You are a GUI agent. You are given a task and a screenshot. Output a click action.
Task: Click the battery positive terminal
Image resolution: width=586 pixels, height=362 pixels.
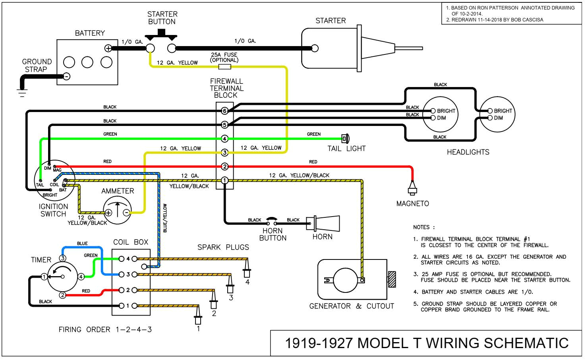tap(108, 48)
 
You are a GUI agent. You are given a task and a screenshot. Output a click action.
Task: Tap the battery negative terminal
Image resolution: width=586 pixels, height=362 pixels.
tap(67, 76)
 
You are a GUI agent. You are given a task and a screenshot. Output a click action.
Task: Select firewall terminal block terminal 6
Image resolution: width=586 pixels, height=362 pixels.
tap(224, 111)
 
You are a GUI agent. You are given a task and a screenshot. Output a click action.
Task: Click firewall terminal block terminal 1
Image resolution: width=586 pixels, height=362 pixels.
tap(224, 180)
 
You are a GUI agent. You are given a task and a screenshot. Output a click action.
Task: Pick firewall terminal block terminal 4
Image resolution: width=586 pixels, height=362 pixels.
tap(224, 139)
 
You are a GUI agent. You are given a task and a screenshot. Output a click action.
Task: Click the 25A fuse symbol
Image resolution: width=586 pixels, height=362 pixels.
tap(224, 66)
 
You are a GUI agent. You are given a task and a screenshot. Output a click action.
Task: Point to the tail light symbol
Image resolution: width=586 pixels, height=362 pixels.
tap(345, 139)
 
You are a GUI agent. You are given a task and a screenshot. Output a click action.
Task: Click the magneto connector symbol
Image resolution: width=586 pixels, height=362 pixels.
tap(412, 188)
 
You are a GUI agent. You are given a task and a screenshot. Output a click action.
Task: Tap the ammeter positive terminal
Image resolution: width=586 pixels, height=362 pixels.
tap(108, 213)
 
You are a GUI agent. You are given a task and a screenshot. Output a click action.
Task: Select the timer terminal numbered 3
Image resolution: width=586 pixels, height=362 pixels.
tap(63, 258)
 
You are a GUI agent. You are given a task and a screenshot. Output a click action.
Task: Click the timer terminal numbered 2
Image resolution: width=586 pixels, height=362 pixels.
tap(62, 295)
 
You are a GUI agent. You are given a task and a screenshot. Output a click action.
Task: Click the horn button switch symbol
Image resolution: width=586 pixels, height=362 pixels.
tap(272, 221)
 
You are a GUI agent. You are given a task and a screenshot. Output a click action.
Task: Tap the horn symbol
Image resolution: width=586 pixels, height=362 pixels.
tap(323, 223)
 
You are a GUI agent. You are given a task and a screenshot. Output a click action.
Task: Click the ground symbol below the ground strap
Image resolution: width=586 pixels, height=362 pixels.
tap(22, 93)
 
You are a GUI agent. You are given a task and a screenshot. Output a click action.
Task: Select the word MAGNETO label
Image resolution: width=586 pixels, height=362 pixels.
tap(412, 203)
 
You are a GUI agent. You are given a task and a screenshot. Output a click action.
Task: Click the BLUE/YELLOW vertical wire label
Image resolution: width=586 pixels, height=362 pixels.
tap(165, 218)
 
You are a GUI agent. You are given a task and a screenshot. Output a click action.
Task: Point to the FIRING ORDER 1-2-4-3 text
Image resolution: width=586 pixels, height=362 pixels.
tap(105, 329)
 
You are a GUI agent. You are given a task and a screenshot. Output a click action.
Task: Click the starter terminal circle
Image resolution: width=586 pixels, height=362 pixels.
tap(315, 48)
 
